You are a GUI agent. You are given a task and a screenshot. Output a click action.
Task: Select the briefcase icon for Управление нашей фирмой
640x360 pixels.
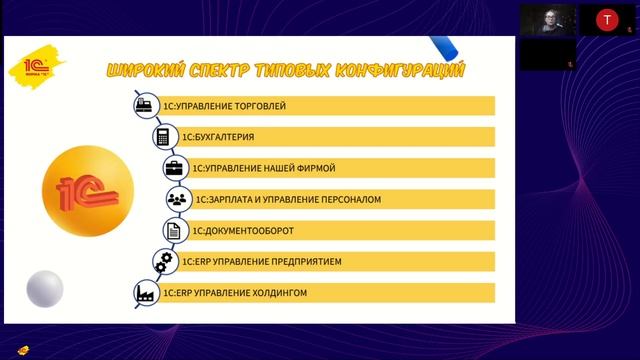point(174,168)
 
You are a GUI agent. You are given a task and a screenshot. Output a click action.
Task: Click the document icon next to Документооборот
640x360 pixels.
point(171,230)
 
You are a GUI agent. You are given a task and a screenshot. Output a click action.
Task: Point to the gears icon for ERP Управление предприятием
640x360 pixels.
point(164,262)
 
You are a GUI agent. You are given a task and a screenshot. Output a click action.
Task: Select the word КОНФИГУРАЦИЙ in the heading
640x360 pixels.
point(409,70)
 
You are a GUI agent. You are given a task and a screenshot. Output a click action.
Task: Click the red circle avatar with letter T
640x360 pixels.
point(606,19)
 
